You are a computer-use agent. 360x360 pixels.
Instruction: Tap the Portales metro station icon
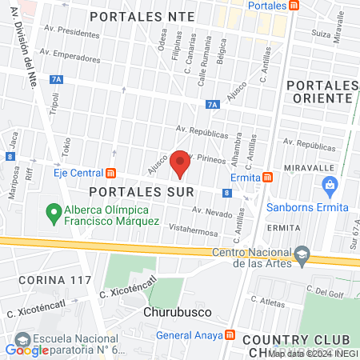294,6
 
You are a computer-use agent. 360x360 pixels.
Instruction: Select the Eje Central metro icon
110,172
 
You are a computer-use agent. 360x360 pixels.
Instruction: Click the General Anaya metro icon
230,335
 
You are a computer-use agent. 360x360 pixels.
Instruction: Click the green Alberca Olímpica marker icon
54,213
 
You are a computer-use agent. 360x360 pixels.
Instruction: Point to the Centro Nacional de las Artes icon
302,255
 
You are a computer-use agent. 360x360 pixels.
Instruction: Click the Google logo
26,350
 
